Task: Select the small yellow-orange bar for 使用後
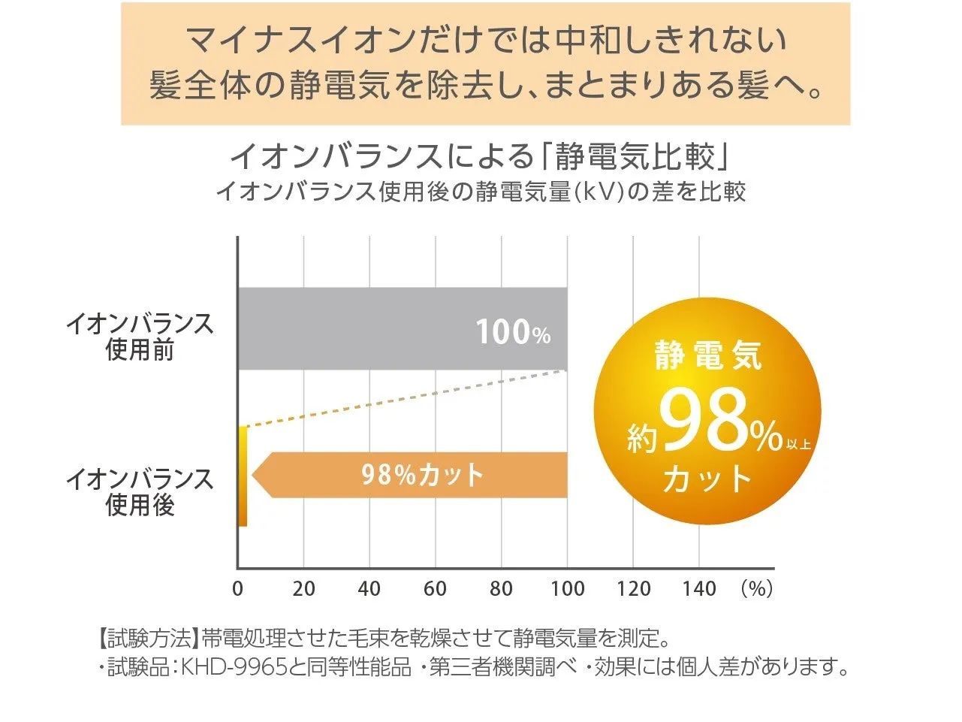coord(243,476)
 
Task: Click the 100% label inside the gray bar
coord(513,332)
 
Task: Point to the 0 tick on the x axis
coord(237,589)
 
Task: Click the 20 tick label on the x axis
coord(303,589)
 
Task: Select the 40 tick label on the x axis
coord(369,589)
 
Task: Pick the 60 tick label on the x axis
coord(435,589)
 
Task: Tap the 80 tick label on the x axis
coord(501,589)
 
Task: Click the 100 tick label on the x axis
coord(567,589)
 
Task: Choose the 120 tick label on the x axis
coord(633,589)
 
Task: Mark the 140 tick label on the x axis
coord(699,589)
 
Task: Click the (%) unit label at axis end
coord(756,589)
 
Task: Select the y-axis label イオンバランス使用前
coord(140,337)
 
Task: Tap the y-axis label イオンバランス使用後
coord(140,491)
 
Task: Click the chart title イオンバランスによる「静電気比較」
coord(481,156)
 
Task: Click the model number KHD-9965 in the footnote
coord(234,666)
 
